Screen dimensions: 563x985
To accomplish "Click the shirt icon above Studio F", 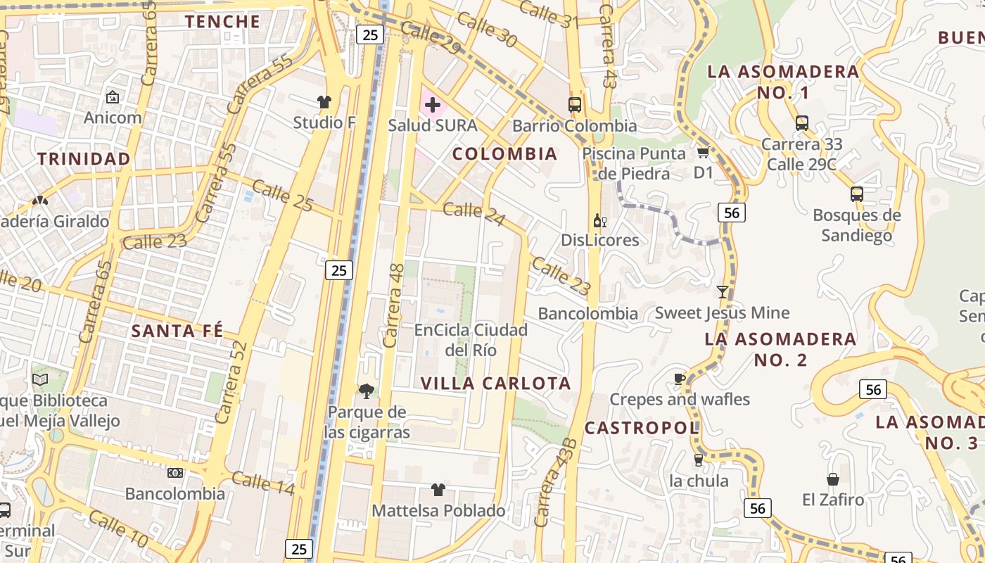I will coord(324,102).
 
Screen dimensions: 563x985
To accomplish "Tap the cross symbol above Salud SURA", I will coord(433,106).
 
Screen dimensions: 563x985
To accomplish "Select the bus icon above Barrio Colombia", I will coord(575,105).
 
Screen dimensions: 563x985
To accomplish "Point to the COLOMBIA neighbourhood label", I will coord(504,153).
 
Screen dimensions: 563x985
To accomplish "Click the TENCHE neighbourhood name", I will coord(223,21).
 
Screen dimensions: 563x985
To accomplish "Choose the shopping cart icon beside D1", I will coord(702,152).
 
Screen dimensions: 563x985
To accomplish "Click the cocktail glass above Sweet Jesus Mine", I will coord(723,291).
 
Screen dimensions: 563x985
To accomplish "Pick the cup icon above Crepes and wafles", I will coord(679,379).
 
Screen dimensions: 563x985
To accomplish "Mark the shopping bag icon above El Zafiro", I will coord(833,479).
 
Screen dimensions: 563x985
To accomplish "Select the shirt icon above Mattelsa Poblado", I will coord(438,490).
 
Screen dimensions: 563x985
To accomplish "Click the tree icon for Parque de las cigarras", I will coord(366,391).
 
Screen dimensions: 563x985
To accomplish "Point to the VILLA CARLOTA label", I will coord(496,384).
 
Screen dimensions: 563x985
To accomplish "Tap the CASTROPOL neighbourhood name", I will coord(642,428).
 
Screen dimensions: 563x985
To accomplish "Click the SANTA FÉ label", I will coord(177,331).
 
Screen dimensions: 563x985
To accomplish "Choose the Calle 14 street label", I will coord(262,483).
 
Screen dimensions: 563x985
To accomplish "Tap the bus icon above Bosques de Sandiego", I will coord(856,194).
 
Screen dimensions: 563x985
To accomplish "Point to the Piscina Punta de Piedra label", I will coord(633,163).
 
